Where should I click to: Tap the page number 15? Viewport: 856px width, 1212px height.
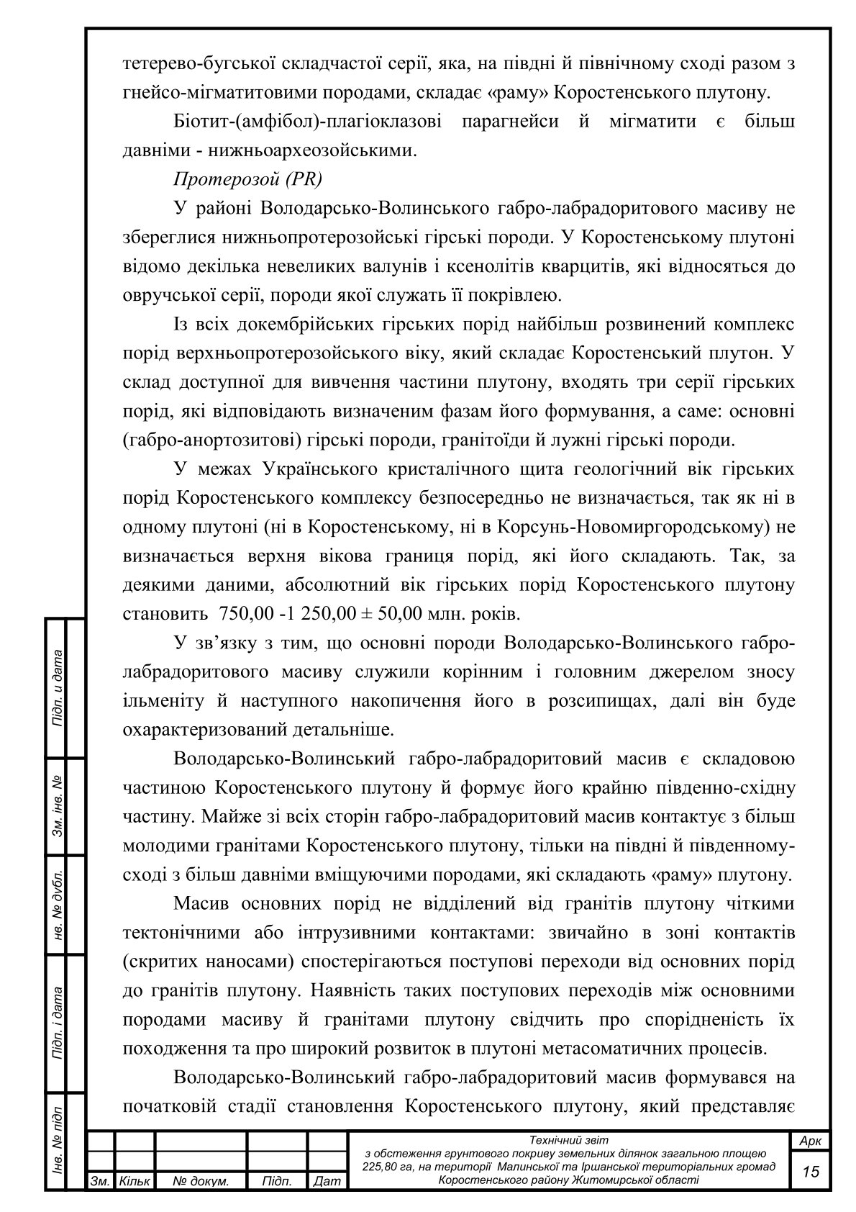[x=811, y=1171]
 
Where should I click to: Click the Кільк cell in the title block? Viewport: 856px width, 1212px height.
[x=134, y=1182]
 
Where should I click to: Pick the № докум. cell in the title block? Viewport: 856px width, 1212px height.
[x=201, y=1182]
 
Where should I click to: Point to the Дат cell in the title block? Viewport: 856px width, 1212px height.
[x=327, y=1182]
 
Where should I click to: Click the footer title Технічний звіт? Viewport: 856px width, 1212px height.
[x=568, y=1140]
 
